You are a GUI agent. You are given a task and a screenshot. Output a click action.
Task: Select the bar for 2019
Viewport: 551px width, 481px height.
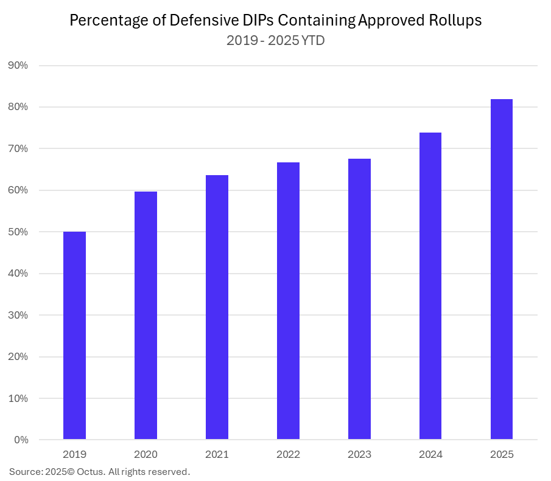74,336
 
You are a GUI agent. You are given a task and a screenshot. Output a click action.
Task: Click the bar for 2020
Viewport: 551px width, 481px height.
146,316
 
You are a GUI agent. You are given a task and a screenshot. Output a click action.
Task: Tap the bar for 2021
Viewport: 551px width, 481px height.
217,307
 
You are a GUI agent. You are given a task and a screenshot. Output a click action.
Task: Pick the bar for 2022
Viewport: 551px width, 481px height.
288,301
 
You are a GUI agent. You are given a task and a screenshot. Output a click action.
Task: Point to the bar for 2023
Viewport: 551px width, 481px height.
359,299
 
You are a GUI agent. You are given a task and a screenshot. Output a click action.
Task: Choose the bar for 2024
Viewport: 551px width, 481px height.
430,286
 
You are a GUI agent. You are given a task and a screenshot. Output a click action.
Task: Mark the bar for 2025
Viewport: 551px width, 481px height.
502,269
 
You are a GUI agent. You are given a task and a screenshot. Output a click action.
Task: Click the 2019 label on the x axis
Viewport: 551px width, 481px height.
74,454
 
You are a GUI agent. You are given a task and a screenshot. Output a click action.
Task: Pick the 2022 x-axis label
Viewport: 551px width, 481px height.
288,454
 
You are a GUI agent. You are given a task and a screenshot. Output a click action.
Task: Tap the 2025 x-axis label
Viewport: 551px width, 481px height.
502,454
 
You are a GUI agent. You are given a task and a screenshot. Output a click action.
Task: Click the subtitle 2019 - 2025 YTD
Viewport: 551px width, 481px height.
275,41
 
